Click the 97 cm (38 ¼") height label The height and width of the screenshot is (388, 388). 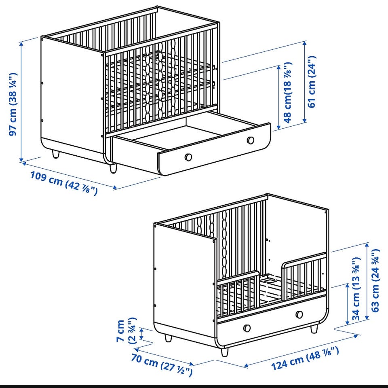click(13, 104)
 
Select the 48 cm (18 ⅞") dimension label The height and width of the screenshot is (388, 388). click(288, 92)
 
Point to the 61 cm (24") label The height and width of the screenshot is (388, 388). click(312, 82)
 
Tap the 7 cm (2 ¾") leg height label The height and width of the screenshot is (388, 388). click(127, 331)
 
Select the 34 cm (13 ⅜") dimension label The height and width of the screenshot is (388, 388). click(356, 289)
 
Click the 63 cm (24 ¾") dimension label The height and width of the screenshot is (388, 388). click(375, 280)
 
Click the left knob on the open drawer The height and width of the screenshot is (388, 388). click(188, 157)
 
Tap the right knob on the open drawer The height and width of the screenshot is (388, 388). click(251, 140)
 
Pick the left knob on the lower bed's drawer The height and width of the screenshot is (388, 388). click(247, 328)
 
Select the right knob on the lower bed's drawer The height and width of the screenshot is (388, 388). click(299, 315)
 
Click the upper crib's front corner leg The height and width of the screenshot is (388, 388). click(113, 168)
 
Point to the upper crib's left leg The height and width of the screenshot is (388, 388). click(56, 154)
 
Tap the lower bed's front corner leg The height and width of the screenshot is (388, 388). click(224, 352)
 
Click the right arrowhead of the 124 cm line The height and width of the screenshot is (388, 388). click(356, 336)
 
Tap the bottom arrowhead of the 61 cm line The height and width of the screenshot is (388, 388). click(305, 120)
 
